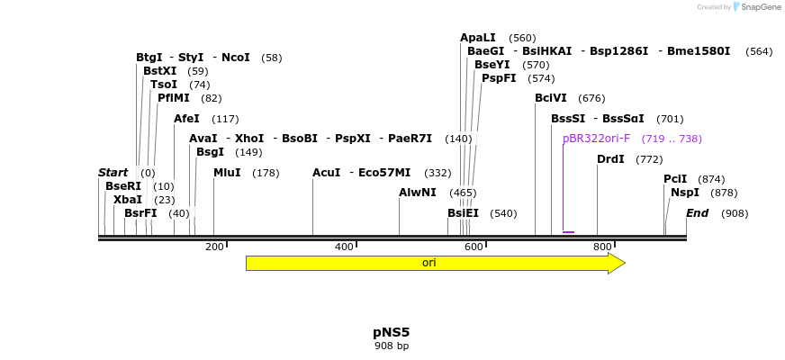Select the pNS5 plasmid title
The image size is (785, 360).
392,332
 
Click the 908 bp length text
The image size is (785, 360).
392,346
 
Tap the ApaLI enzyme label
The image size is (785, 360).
478,38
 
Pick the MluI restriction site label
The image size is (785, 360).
227,173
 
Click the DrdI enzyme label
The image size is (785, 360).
610,159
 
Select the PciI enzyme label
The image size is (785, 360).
675,179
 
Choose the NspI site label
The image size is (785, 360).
685,193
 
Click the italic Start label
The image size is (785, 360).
113,173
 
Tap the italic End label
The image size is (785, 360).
697,213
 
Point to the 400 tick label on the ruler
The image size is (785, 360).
344,247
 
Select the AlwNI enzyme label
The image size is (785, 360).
418,193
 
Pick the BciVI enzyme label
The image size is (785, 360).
551,98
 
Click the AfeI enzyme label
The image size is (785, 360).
186,119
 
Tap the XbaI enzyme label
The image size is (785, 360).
128,200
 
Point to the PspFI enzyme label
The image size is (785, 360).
499,78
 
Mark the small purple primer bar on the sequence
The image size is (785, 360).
568,232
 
